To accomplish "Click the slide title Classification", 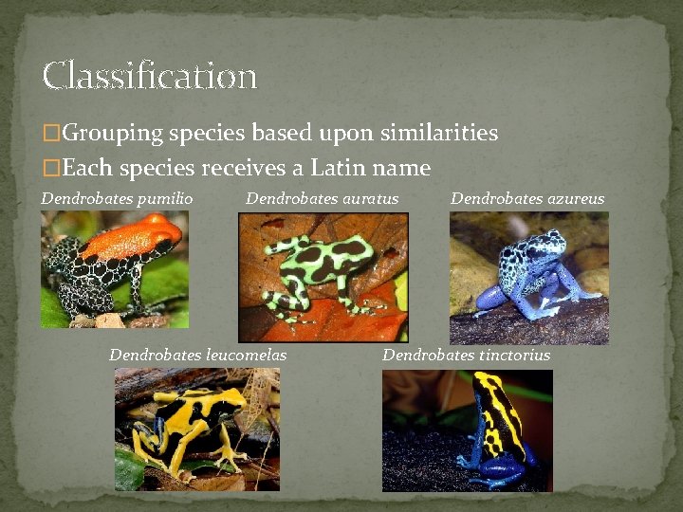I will [x=149, y=75].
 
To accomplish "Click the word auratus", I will [x=369, y=199].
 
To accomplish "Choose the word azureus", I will [x=575, y=199].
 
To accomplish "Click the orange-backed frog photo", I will [x=114, y=269].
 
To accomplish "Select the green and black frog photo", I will [x=323, y=276].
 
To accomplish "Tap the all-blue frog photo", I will [x=528, y=277].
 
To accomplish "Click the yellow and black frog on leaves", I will [x=196, y=429].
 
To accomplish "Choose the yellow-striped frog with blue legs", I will [x=467, y=429].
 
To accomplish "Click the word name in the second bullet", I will [x=405, y=169].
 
